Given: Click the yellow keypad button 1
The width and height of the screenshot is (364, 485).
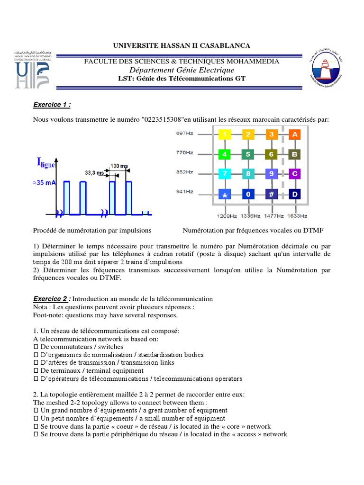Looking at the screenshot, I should [224, 135].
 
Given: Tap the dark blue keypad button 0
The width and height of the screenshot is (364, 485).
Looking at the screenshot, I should [248, 194].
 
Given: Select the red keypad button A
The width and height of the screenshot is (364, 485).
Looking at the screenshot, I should [295, 135].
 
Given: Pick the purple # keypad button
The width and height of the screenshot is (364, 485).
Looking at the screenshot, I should [272, 194].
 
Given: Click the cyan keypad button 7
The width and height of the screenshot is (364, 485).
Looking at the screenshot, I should [224, 174].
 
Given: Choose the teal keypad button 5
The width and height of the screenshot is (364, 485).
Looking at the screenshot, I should [248, 154].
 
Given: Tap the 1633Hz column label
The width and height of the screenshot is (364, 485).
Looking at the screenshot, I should [297, 216].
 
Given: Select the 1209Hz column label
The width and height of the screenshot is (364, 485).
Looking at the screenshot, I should [226, 216].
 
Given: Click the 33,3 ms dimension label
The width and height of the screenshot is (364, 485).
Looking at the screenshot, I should [94, 173].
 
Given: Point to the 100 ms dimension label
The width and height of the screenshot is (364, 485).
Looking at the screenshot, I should [119, 166].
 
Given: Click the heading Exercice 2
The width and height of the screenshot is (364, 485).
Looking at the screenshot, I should [52, 299].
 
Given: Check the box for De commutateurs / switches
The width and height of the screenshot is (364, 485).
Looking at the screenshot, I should [36, 346].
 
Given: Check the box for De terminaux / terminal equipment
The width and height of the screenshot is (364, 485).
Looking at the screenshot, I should [36, 370].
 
